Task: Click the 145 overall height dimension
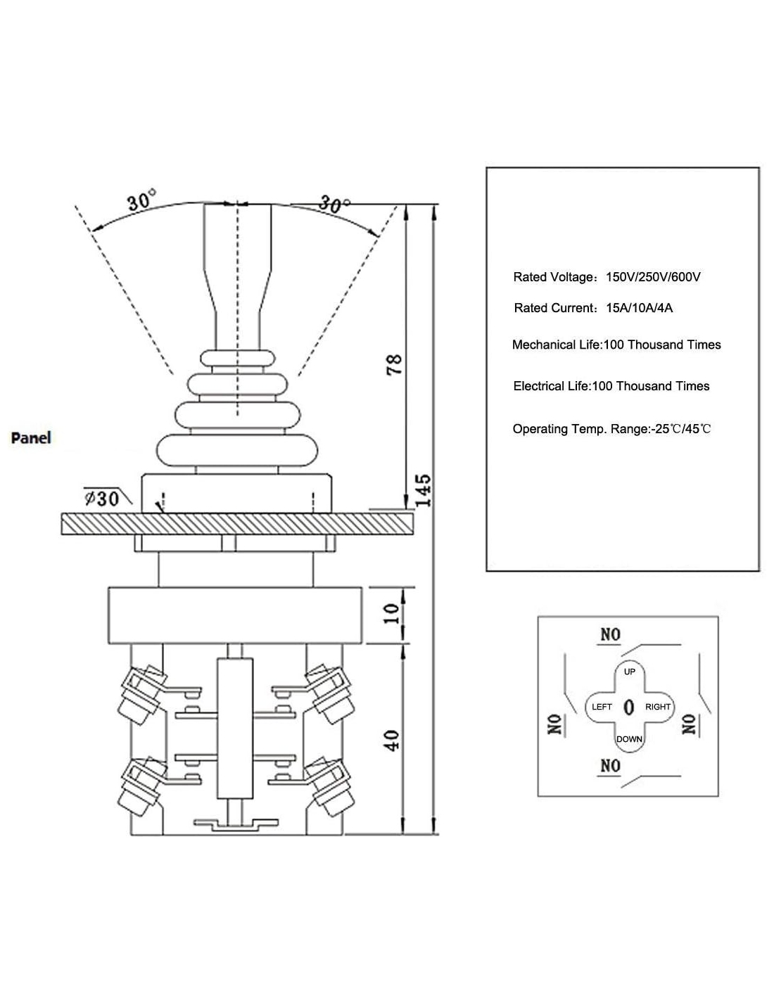tap(422, 490)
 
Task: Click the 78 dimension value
tap(395, 364)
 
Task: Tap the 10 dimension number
tap(393, 613)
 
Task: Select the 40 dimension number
tap(392, 740)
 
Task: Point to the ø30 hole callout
tap(101, 499)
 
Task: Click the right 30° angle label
tap(334, 204)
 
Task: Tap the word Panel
tap(31, 437)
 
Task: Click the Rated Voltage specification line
tap(607, 277)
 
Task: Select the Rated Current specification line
tap(593, 308)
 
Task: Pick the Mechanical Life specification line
tap(616, 345)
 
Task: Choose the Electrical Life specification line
tap(611, 386)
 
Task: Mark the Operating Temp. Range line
tap(611, 429)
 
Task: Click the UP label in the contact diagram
tap(630, 672)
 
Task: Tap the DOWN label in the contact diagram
tap(629, 739)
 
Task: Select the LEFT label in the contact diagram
tap(602, 707)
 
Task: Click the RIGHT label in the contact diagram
tap(658, 707)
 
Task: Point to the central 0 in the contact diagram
tap(629, 707)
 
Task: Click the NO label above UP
tap(610, 634)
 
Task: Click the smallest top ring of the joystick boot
tap(238, 357)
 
